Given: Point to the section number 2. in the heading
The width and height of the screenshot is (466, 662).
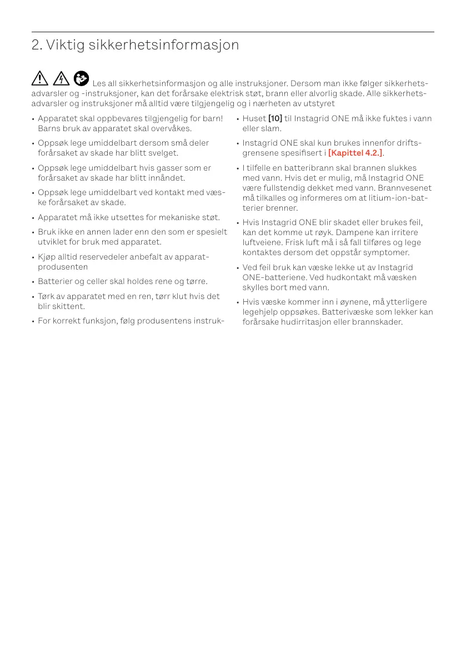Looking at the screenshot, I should click(x=37, y=45).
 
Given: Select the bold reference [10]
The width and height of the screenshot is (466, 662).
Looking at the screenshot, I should click(x=275, y=118).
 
